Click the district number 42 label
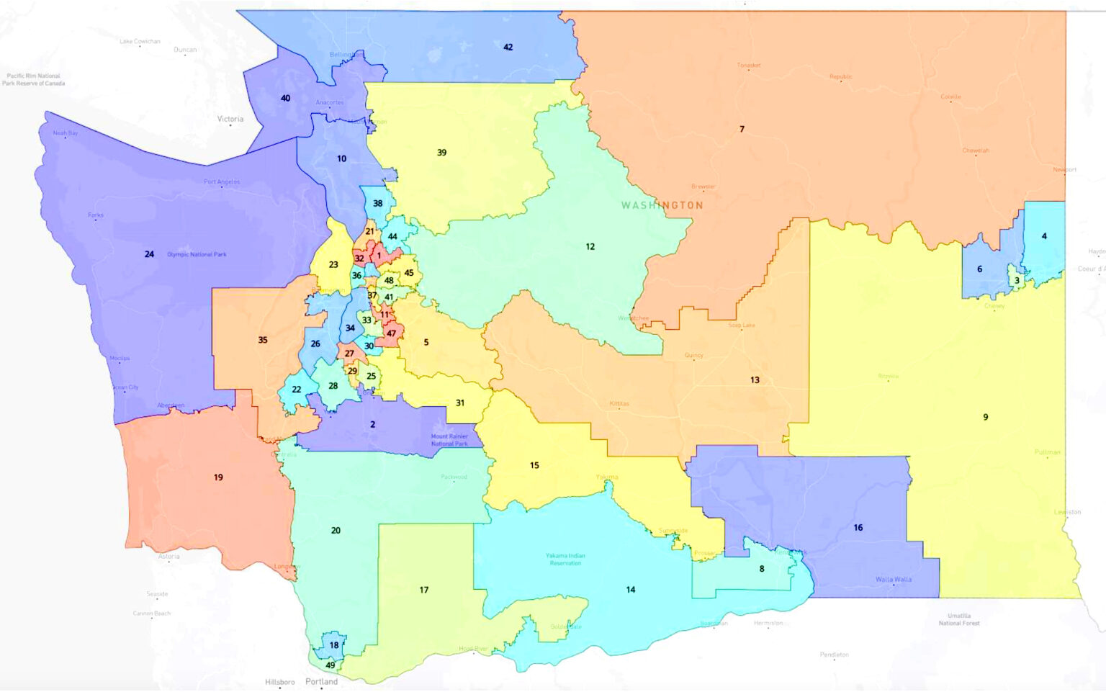508,48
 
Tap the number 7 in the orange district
742,130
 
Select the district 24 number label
149,254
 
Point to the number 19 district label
218,477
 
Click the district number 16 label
858,528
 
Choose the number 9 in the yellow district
985,417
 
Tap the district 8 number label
761,569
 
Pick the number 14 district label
630,590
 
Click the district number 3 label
1017,281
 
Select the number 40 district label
285,99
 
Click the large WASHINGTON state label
662,205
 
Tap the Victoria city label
230,120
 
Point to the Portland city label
321,681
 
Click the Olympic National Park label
197,255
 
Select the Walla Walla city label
893,580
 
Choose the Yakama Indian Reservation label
565,560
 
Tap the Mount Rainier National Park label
449,440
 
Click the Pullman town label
1047,452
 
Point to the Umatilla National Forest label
959,619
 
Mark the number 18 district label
334,645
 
